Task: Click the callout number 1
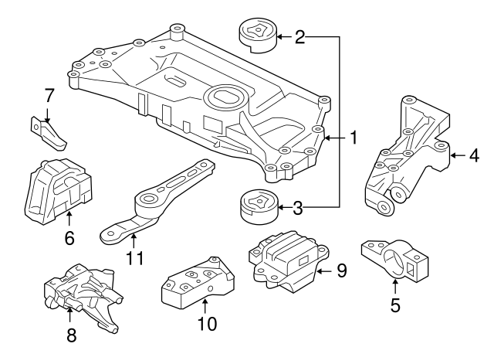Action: coord(353,138)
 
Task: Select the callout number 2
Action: coord(299,36)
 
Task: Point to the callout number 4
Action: coord(475,155)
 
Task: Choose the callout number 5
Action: coord(395,304)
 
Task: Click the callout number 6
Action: coord(69,238)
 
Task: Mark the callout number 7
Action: coord(49,97)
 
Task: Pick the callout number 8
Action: coord(71,335)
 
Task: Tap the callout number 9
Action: coord(341,270)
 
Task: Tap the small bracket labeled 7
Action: coord(50,133)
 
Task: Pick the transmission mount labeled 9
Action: coord(286,261)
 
